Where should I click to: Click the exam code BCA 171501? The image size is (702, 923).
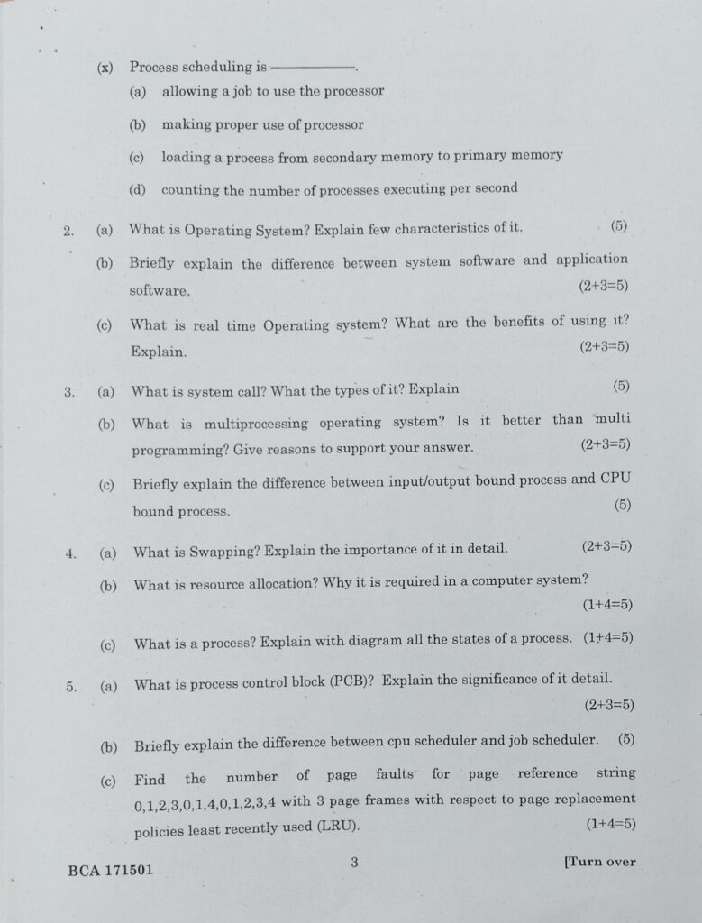110,872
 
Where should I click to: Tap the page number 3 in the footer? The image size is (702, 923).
355,862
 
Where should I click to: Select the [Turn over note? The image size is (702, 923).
599,862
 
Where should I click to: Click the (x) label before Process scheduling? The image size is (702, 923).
105,67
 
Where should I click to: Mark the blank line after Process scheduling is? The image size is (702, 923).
313,67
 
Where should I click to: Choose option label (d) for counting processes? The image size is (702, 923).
138,190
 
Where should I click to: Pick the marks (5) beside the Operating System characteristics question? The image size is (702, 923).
618,224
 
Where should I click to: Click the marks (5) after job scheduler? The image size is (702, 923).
626,739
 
